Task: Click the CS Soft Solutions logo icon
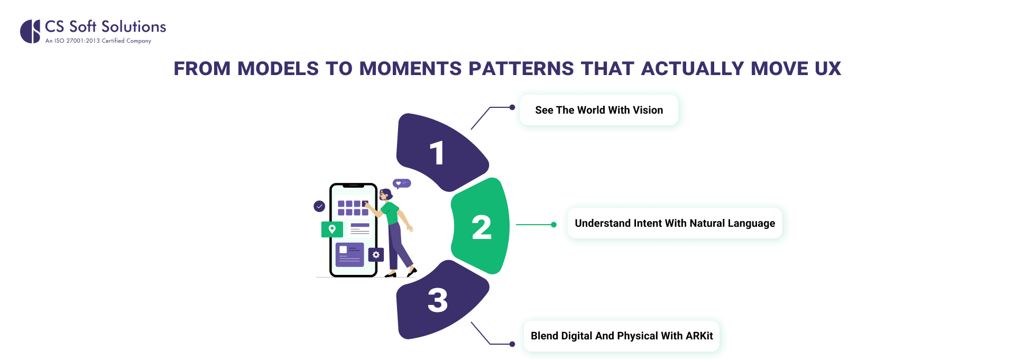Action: [x=30, y=31]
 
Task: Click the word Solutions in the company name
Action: [x=134, y=26]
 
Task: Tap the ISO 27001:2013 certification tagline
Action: [x=98, y=41]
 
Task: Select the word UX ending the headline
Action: [x=827, y=69]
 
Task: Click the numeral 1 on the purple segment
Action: [x=437, y=153]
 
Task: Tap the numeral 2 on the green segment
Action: [x=481, y=228]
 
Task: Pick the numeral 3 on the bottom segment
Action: [x=437, y=300]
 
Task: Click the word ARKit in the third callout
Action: [x=699, y=336]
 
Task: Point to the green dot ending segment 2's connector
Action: [x=553, y=225]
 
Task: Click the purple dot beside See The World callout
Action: [x=512, y=107]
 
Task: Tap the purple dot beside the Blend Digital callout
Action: [x=512, y=344]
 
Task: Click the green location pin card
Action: [x=332, y=229]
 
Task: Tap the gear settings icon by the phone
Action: [x=376, y=255]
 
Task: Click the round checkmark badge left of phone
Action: [x=319, y=206]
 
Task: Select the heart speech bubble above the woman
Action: [x=402, y=183]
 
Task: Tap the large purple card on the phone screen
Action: [x=349, y=254]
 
